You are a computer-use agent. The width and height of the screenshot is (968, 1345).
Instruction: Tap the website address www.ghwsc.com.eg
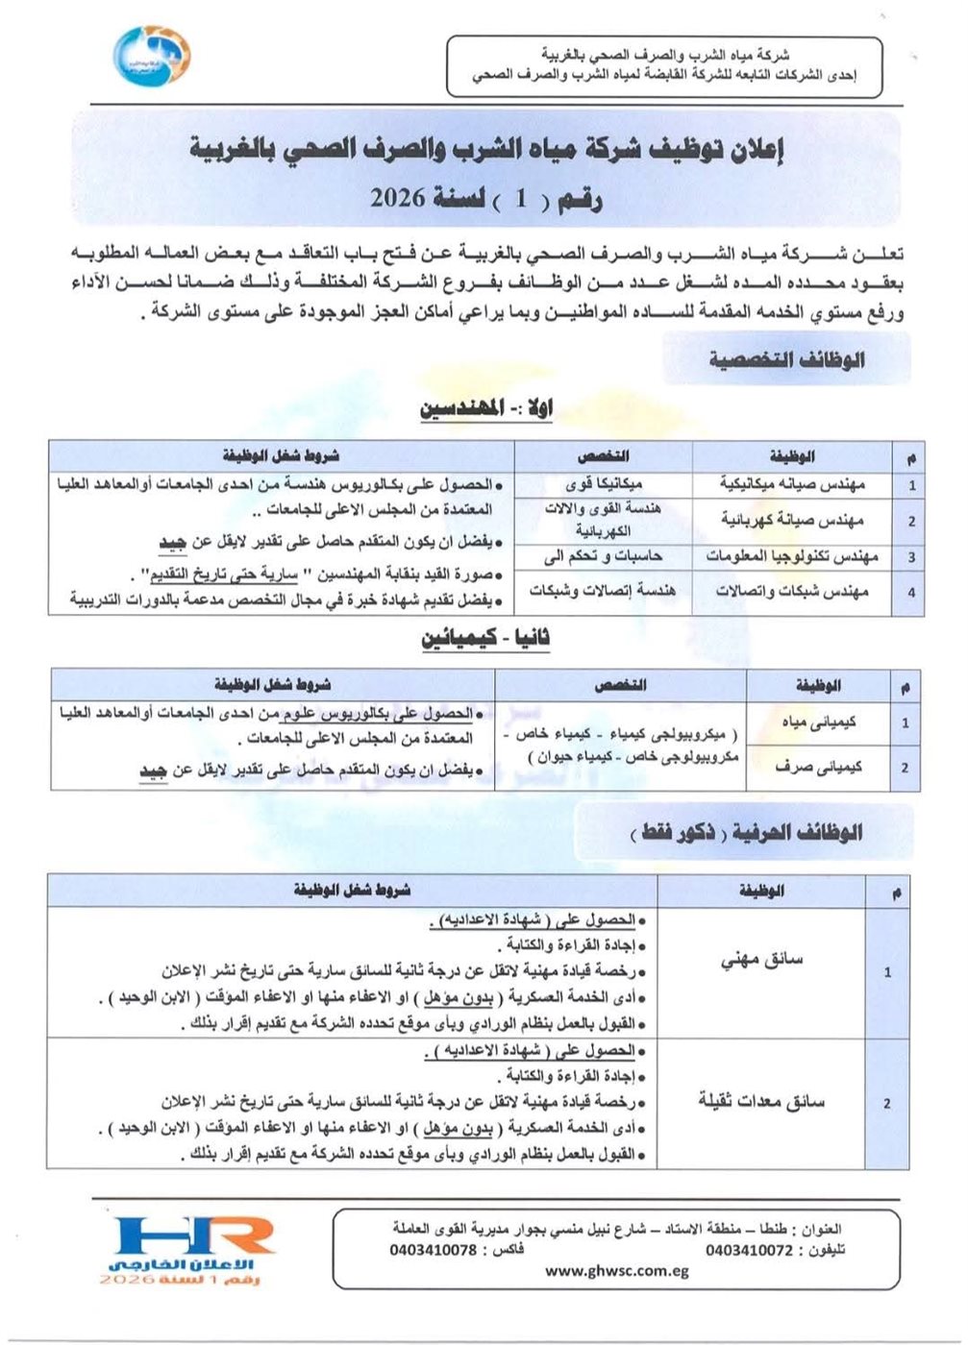click(616, 1270)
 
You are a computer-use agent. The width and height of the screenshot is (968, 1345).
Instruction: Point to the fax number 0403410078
click(434, 1250)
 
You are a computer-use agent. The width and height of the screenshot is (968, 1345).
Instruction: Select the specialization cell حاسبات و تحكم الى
click(603, 556)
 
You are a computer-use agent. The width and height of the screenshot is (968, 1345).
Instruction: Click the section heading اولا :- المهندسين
click(486, 409)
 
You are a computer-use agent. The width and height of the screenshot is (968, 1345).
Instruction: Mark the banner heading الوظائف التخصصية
click(786, 360)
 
